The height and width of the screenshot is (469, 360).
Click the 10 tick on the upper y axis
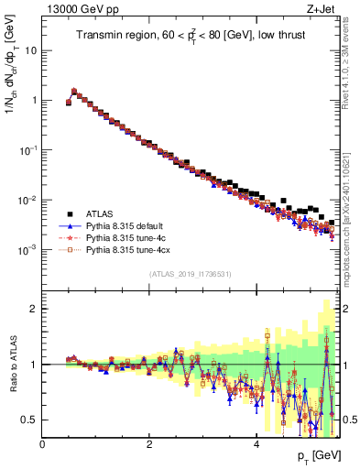(30, 50)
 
